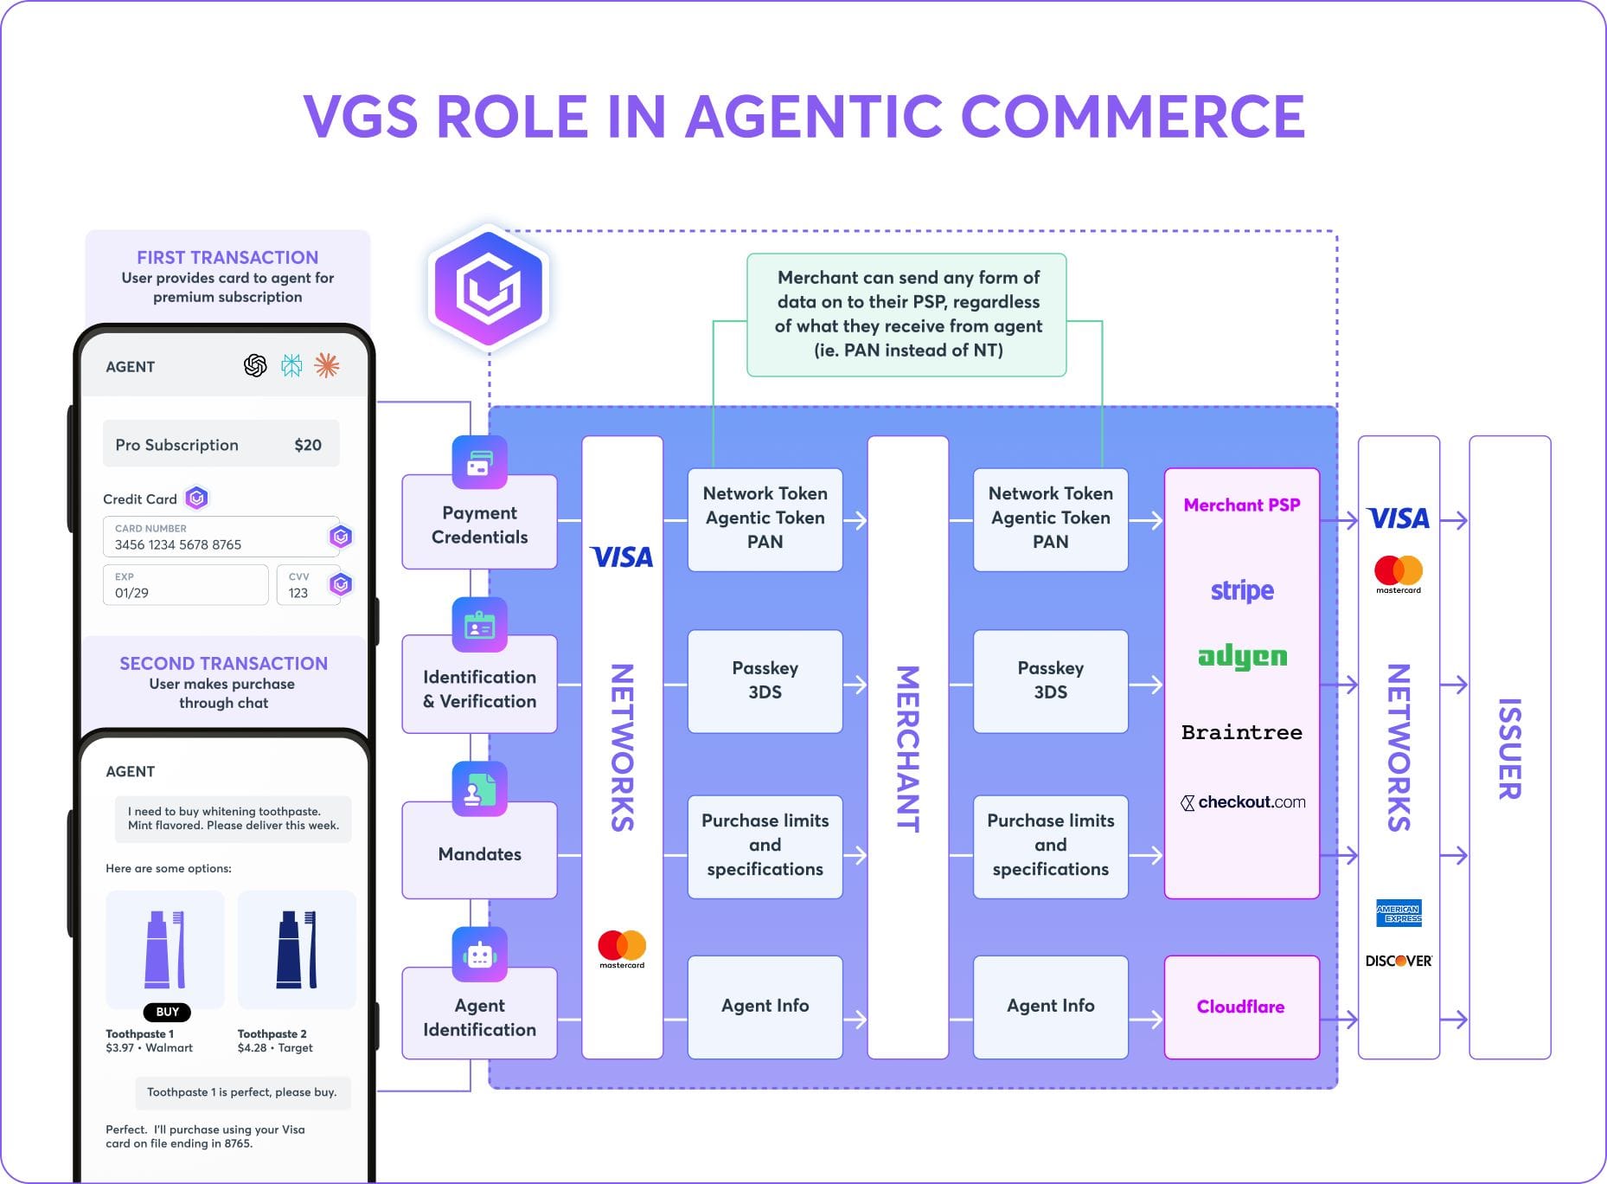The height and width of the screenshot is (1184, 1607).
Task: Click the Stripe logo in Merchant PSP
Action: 1242,590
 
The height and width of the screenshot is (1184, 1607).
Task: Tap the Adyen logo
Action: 1242,658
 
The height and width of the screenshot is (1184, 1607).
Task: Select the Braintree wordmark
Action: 1242,732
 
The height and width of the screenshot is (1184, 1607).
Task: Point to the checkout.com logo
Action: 1243,802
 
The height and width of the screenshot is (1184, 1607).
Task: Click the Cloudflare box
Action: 1241,1007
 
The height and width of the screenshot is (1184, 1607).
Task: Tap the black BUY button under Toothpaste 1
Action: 167,1012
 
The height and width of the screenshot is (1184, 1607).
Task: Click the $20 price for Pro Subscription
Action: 308,445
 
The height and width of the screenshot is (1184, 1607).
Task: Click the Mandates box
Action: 479,853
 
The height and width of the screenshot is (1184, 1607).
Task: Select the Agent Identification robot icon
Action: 479,955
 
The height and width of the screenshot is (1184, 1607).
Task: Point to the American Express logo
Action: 1399,913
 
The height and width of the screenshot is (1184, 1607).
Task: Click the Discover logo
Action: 1399,961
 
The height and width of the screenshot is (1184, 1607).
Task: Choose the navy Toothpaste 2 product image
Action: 297,949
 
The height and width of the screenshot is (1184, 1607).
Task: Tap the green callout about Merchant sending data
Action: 907,314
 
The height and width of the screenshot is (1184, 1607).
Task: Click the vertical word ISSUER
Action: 1509,749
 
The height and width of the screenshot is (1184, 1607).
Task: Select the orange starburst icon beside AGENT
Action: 326,366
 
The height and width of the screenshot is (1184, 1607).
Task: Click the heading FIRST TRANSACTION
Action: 227,257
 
